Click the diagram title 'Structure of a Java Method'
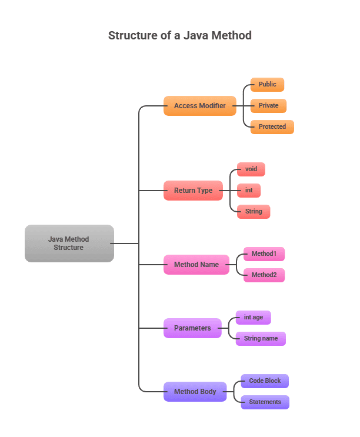(179, 35)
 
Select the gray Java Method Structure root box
(69, 243)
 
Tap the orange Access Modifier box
(199, 106)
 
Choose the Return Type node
(193, 191)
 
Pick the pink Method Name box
(196, 265)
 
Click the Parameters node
(192, 328)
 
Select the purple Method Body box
(195, 392)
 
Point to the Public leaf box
(267, 85)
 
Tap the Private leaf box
(268, 106)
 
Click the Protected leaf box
(272, 127)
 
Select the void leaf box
(251, 169)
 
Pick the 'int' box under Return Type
(249, 191)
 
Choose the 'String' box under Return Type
(254, 212)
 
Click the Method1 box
(264, 254)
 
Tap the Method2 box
(264, 275)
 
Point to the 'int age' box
(253, 318)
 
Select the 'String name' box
(261, 339)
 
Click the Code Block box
(265, 381)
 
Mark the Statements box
(265, 402)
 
